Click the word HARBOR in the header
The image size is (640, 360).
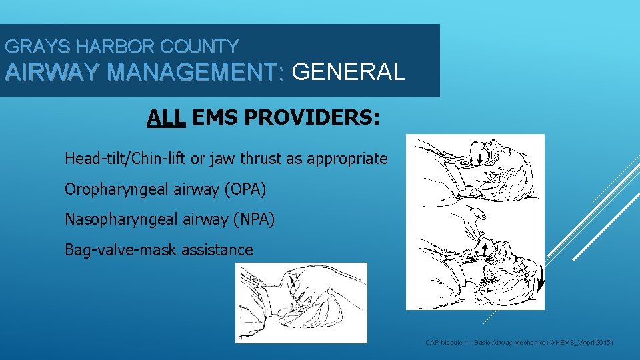point(105,47)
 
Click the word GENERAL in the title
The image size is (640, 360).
point(348,71)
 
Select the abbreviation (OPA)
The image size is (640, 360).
point(246,189)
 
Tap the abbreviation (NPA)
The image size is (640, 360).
point(253,219)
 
